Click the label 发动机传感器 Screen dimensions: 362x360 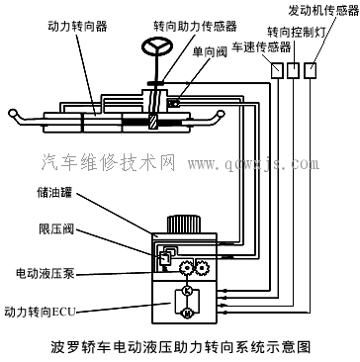click(x=322, y=9)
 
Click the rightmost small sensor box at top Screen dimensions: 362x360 click(x=313, y=70)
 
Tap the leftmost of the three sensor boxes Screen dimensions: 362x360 click(x=278, y=70)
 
